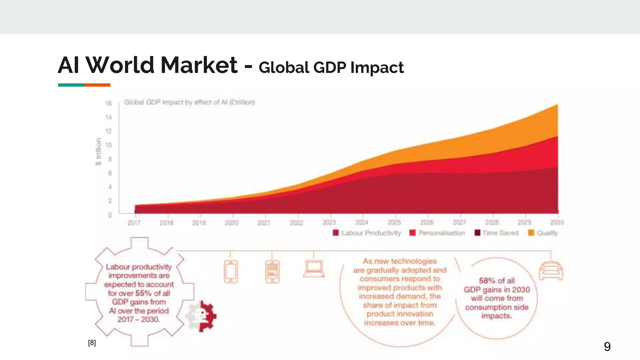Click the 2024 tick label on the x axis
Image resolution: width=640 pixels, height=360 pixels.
362,222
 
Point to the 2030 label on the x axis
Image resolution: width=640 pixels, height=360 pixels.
557,222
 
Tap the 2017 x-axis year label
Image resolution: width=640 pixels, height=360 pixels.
134,223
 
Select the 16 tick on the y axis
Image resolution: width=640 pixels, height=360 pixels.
108,103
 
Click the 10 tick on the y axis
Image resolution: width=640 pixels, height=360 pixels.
108,145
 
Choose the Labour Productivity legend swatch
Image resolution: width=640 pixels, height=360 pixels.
336,233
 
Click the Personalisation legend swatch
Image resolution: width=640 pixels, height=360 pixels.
412,233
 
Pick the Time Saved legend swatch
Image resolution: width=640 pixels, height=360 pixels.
477,233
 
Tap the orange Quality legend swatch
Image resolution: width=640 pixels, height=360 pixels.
531,233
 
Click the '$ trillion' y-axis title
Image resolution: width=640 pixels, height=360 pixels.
98,152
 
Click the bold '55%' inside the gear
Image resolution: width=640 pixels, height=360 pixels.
143,293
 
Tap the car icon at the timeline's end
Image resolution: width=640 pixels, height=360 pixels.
551,271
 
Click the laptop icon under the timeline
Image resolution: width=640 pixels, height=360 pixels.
314,269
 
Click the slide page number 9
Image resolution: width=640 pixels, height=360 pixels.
607,347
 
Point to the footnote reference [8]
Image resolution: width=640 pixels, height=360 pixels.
92,343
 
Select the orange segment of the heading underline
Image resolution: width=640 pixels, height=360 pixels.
97,85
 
